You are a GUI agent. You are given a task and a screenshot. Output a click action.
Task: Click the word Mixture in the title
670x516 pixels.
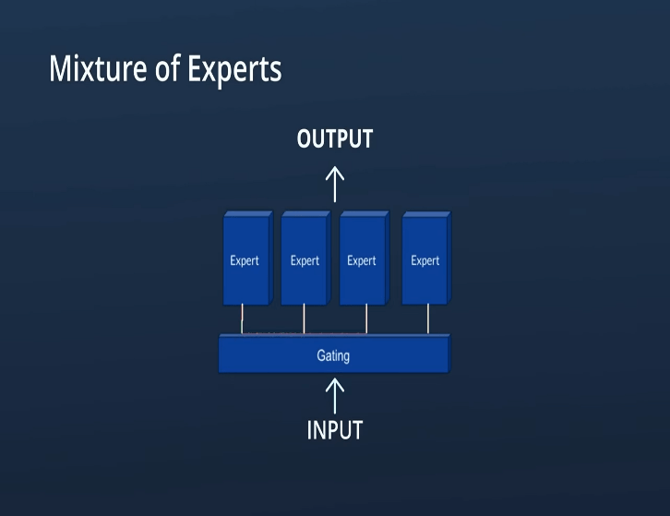pos(98,69)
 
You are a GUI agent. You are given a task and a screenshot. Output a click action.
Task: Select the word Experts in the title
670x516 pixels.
pos(234,69)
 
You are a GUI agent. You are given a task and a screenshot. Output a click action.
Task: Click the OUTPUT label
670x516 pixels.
pos(335,139)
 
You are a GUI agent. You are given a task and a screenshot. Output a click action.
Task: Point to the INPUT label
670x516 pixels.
pos(335,430)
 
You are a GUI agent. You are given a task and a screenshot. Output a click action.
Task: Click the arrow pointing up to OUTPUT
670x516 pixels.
pos(335,185)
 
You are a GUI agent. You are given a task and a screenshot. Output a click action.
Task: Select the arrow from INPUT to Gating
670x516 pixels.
pos(335,396)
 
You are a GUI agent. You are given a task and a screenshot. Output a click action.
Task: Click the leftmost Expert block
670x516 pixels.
pos(245,260)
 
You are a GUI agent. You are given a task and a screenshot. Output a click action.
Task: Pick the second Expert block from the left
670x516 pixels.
pos(305,260)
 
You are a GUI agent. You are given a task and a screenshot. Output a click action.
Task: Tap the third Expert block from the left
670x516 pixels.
pos(363,260)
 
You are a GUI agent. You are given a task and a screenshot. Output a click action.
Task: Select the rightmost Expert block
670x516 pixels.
pos(425,260)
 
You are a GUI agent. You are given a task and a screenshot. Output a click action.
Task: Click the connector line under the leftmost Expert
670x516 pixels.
pos(243,319)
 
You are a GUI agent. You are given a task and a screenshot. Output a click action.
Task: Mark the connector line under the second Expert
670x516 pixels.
pos(304,319)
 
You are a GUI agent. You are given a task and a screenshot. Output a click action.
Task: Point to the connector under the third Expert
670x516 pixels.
pos(366,319)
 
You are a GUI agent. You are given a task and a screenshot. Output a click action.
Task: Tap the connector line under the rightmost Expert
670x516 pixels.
pos(427,319)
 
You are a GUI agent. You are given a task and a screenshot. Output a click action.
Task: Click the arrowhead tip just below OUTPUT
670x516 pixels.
pos(335,169)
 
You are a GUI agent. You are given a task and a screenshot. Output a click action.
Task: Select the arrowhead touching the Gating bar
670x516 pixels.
pos(335,380)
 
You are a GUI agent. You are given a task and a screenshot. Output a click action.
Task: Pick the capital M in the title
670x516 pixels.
pos(60,69)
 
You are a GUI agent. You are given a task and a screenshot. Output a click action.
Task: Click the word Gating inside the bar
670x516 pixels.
pos(333,355)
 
